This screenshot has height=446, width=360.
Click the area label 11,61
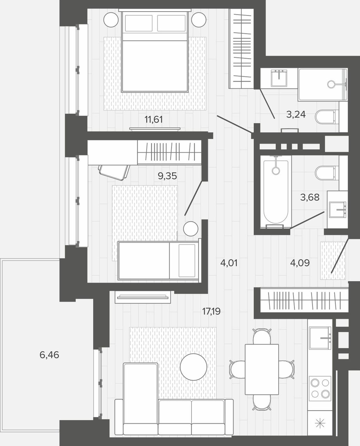point(154,120)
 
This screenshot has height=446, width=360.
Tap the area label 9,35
point(167,176)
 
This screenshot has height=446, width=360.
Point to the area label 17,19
point(211,312)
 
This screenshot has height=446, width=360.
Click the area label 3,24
point(296,115)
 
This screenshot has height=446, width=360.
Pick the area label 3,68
point(310,197)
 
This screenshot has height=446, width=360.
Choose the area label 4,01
point(229,263)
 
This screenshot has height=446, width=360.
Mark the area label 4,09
point(300,263)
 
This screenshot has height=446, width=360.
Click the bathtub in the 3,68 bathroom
point(276,192)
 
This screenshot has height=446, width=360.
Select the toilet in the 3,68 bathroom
point(327,173)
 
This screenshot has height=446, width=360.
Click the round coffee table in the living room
point(194,367)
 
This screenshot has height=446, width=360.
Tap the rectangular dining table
point(262,369)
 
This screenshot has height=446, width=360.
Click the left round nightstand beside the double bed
point(111,20)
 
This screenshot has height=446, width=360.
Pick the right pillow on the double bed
point(171,23)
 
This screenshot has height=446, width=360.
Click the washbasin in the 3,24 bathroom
point(279,78)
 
